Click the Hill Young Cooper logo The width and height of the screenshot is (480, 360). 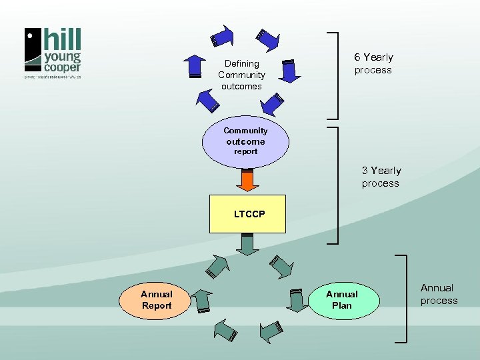tap(53, 53)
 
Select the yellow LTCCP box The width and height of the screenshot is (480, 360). tap(247, 214)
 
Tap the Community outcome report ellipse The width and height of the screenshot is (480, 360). tap(245, 141)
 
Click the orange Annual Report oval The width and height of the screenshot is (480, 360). tap(156, 300)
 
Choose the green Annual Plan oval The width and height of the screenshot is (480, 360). tap(341, 300)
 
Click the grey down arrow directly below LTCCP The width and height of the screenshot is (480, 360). tap(247, 244)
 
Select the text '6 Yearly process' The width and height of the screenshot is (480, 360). tap(373, 64)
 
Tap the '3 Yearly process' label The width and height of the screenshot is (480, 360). tap(381, 177)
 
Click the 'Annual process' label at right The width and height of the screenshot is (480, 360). tap(439, 294)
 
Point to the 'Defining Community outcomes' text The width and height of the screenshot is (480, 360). tap(241, 75)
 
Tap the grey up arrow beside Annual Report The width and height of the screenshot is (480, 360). tap(201, 301)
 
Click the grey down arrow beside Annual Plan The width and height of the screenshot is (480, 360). tap(295, 300)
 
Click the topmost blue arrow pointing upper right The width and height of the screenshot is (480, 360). tap(223, 36)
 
